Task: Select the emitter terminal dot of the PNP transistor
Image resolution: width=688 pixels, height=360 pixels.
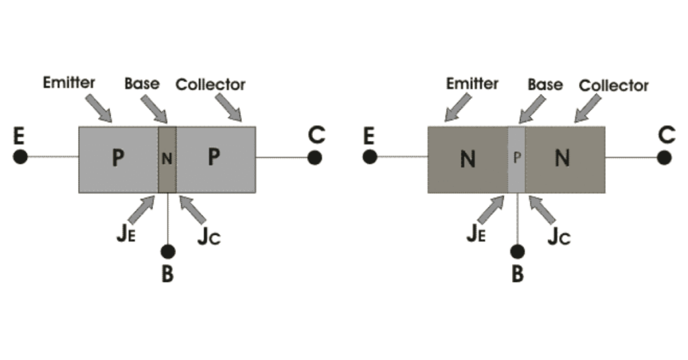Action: (20, 158)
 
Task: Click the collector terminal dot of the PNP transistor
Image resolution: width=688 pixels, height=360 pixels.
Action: (314, 158)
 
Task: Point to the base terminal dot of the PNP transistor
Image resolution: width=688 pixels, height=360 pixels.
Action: (168, 252)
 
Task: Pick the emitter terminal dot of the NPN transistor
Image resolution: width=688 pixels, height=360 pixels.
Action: (370, 158)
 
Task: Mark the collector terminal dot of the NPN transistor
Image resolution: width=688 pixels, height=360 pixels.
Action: (664, 158)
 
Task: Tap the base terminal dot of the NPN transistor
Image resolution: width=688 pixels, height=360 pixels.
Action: (517, 252)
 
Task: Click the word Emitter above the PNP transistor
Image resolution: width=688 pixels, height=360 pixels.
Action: (69, 83)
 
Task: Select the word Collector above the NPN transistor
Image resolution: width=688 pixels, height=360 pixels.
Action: (613, 85)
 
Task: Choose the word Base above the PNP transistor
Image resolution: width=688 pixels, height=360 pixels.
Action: (142, 83)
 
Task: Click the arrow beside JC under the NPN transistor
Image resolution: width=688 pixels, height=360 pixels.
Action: (542, 209)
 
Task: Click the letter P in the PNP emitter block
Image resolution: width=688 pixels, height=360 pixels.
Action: (118, 159)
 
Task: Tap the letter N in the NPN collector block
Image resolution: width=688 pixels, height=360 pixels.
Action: (563, 159)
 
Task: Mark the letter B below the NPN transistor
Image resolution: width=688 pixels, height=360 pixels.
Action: (517, 275)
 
